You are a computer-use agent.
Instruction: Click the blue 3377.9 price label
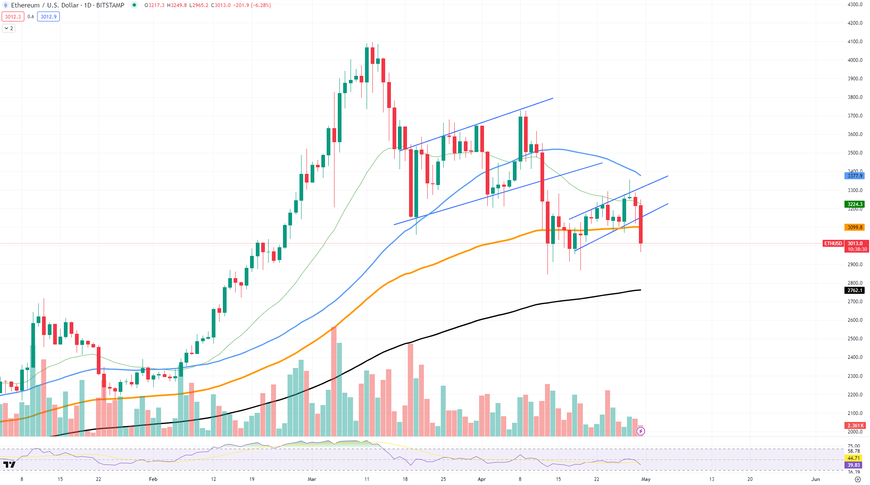coord(854,176)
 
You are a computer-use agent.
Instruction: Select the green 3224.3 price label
coord(854,204)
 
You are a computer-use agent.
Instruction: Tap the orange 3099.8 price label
coord(854,227)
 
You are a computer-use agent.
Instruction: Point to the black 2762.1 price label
coord(854,291)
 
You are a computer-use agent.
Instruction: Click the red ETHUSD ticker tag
coord(833,244)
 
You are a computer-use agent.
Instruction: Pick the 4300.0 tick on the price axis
coord(855,5)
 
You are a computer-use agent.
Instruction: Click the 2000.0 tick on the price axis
coord(855,432)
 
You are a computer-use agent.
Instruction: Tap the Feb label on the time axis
coord(153,479)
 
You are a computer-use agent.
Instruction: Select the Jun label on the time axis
coord(815,479)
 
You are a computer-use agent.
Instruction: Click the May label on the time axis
coord(646,479)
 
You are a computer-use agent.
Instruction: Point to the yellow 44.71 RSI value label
coord(854,458)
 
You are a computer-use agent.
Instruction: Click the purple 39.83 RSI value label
coord(854,465)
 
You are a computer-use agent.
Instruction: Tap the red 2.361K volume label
coord(854,426)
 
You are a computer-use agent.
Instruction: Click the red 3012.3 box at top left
coord(13,17)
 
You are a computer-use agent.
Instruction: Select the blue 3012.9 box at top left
coord(49,17)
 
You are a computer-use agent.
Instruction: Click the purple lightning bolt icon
coord(641,431)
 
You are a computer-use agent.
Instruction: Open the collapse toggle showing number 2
coord(9,28)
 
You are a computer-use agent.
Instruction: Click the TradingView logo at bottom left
coord(9,465)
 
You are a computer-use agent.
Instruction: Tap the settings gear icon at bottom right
coord(858,479)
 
